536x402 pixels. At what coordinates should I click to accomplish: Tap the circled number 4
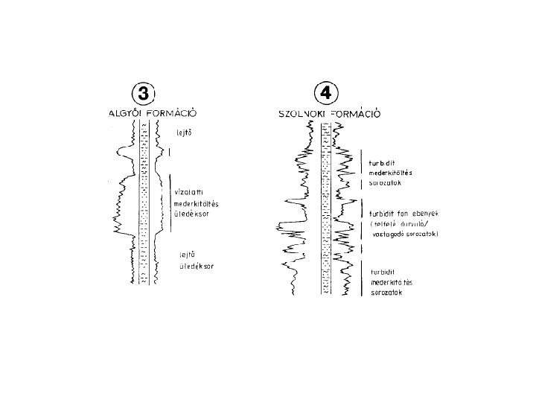click(x=327, y=95)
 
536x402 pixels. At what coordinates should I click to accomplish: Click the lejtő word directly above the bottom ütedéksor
click(x=185, y=254)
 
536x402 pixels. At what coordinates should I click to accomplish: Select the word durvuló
click(x=417, y=223)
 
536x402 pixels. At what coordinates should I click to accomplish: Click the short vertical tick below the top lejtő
click(x=171, y=153)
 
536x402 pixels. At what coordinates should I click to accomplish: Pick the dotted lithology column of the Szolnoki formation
click(x=325, y=208)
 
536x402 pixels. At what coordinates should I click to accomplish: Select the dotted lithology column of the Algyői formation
click(x=145, y=201)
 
